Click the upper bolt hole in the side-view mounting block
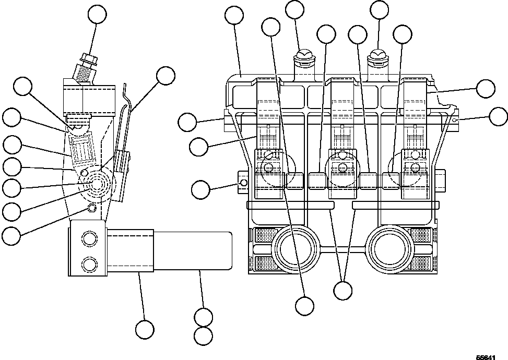(88, 239)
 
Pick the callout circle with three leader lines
(342, 291)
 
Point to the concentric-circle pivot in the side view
(98, 184)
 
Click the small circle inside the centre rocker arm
(342, 167)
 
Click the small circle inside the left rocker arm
(269, 167)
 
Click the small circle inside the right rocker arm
(415, 167)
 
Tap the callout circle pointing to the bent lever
(166, 76)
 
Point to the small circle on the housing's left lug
(243, 183)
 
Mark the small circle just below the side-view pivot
(92, 208)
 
